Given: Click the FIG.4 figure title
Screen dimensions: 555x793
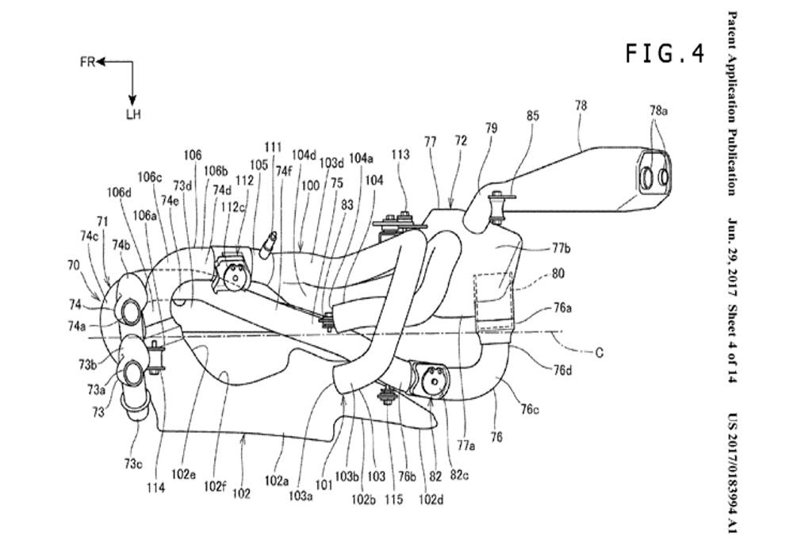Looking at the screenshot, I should point(665,53).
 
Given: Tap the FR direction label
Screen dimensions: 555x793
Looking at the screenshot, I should point(86,61).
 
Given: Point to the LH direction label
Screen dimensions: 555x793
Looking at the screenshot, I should point(132,114).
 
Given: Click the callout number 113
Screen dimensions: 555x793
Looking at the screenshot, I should point(400,155).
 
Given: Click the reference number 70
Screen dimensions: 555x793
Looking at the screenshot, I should point(73,266).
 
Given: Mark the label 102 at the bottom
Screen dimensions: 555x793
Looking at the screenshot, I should point(241,494).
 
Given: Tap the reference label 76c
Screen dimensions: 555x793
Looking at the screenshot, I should point(532,408).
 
